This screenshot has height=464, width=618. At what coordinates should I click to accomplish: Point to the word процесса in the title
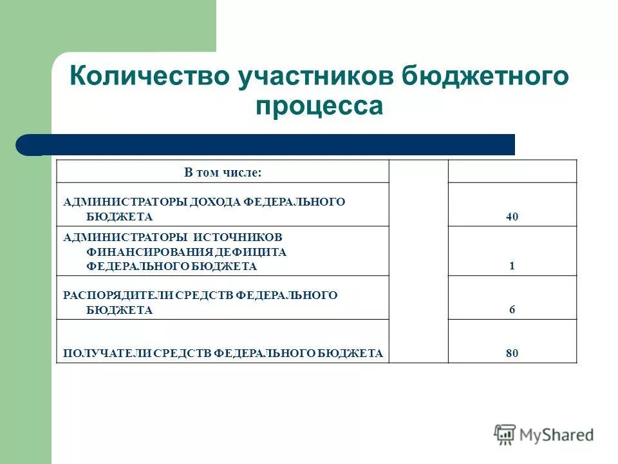pyautogui.click(x=319, y=106)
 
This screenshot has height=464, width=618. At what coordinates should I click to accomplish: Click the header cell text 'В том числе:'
pyautogui.click(x=223, y=172)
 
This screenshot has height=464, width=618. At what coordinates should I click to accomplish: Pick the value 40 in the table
pyautogui.click(x=512, y=217)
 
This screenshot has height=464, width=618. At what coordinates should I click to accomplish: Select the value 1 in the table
pyautogui.click(x=512, y=266)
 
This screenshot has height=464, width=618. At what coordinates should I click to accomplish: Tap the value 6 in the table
pyautogui.click(x=512, y=310)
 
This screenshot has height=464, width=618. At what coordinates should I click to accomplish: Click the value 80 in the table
pyautogui.click(x=512, y=353)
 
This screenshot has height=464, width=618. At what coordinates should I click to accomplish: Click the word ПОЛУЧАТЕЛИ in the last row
pyautogui.click(x=94, y=353)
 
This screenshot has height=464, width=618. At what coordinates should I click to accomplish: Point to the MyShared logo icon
pyautogui.click(x=505, y=434)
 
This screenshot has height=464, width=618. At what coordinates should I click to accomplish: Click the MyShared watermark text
pyautogui.click(x=557, y=435)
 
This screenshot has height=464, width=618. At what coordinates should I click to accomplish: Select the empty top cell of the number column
pyautogui.click(x=512, y=171)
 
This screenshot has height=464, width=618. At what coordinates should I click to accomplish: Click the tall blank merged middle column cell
pyautogui.click(x=418, y=261)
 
